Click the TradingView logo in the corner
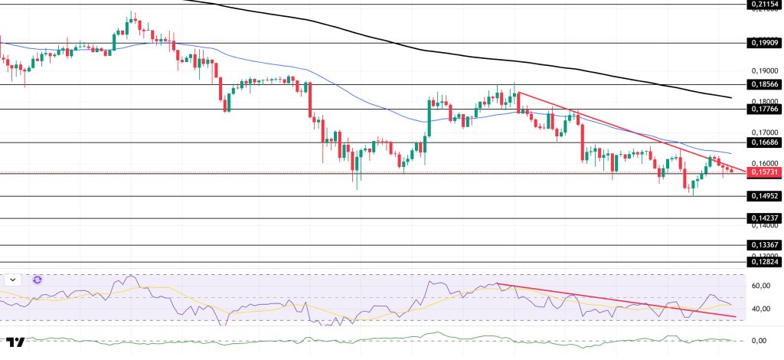tap(15, 341)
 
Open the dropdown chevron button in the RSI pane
tap(13, 280)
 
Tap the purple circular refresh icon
tap(37, 280)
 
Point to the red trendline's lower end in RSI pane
tap(736, 316)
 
